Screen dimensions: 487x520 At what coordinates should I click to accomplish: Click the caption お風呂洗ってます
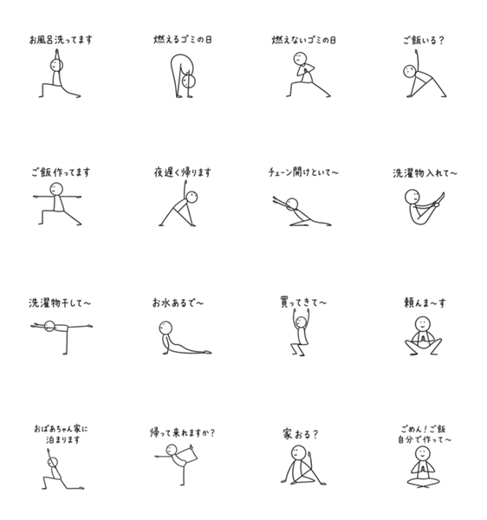tap(61, 40)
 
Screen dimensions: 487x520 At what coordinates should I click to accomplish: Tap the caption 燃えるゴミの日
tap(183, 40)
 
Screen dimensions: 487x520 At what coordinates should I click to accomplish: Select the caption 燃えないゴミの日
tap(304, 40)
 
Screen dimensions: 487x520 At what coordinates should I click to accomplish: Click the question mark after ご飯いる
tap(440, 40)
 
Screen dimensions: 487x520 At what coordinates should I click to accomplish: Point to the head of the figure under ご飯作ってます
tap(56, 189)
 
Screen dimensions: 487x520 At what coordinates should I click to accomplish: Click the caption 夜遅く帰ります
tap(182, 172)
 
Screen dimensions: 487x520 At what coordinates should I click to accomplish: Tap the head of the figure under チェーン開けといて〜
tap(292, 205)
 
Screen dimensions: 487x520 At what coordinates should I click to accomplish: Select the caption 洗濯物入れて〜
tap(425, 173)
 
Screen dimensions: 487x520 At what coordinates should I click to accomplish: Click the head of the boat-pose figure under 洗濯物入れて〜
tap(412, 197)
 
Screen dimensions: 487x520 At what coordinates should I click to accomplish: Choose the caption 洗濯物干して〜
tap(60, 302)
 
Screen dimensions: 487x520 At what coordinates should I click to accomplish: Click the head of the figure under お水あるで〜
tap(166, 328)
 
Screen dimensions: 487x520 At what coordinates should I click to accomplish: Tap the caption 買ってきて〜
tap(303, 302)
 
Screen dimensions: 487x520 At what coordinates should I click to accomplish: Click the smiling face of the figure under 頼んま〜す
tap(423, 323)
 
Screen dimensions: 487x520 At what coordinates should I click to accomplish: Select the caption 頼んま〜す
tap(425, 302)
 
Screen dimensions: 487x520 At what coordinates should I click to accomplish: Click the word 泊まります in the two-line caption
tap(63, 439)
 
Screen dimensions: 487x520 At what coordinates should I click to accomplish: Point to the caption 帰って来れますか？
tap(182, 432)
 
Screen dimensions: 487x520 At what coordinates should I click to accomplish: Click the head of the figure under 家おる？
tap(298, 452)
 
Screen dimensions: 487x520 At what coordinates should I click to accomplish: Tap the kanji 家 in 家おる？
tap(288, 434)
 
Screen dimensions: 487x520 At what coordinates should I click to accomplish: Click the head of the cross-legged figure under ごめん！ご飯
tap(423, 453)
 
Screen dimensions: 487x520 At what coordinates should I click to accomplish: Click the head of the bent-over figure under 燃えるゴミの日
tap(189, 81)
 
